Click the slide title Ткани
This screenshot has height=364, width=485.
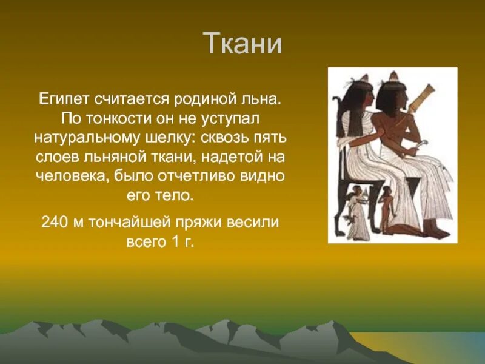coord(242,44)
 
